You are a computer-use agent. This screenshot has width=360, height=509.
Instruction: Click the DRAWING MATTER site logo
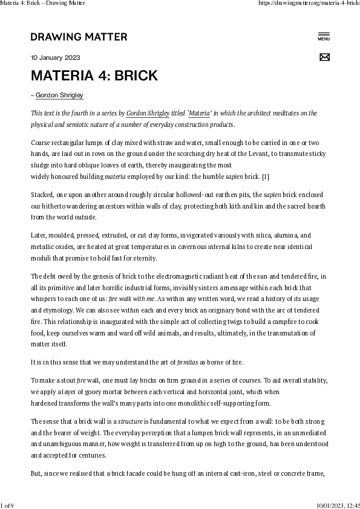[x=79, y=37]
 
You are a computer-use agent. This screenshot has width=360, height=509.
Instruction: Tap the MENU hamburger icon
[x=324, y=36]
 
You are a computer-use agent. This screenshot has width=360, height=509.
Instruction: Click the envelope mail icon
[x=324, y=57]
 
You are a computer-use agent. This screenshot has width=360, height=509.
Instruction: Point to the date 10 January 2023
[x=55, y=58]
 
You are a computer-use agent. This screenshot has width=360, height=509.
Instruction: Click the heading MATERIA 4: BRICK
[x=94, y=76]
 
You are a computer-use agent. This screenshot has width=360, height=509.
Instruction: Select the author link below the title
[x=59, y=96]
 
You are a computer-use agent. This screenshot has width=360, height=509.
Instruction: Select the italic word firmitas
[x=187, y=362]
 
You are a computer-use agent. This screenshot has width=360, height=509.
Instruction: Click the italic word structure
[x=129, y=421]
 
